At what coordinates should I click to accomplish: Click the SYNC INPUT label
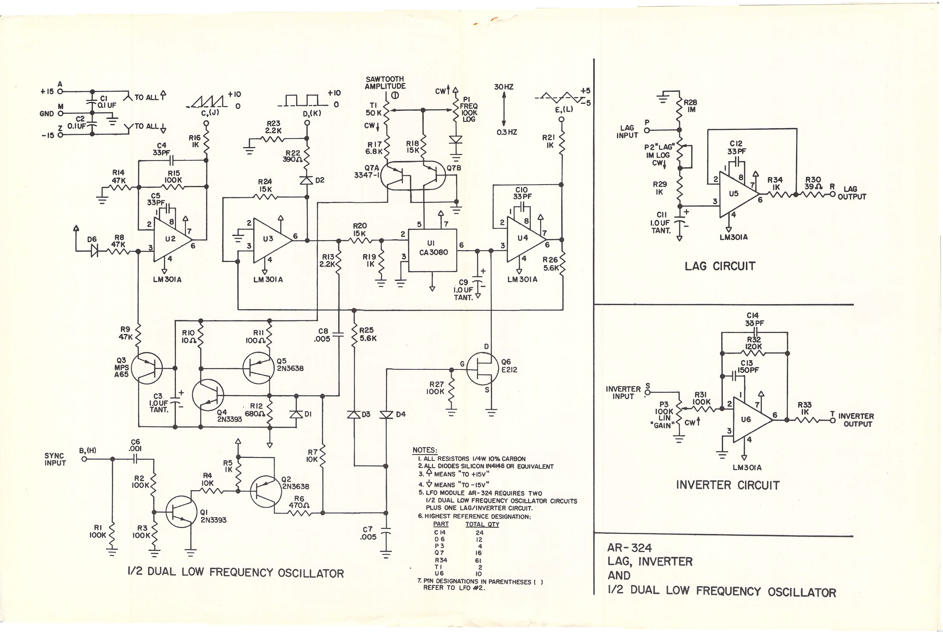click(55, 459)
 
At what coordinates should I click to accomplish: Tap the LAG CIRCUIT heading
click(720, 266)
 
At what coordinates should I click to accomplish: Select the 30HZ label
click(504, 87)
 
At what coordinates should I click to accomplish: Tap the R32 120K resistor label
click(754, 343)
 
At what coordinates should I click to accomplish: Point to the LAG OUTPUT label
click(852, 193)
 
